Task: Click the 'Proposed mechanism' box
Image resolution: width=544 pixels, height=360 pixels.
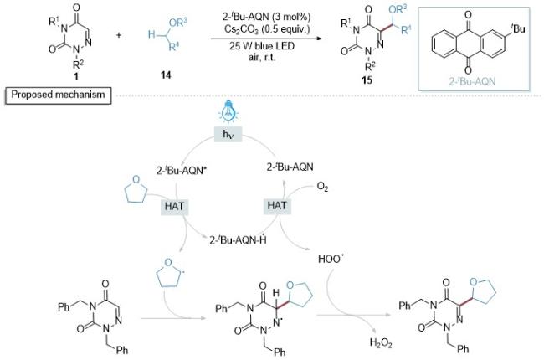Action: point(58,95)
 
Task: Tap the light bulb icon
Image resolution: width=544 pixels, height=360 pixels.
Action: point(228,111)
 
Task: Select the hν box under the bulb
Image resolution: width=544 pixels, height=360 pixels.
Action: point(228,134)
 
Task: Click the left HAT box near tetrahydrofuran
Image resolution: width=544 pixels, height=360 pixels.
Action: point(174,206)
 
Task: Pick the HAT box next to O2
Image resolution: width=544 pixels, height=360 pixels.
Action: point(277,205)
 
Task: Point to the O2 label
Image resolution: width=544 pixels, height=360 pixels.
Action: point(322,188)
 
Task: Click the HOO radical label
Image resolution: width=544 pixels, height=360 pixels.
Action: point(329,259)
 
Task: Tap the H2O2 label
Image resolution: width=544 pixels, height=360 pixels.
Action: point(381,343)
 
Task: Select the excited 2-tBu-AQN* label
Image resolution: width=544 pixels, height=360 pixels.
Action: point(179,170)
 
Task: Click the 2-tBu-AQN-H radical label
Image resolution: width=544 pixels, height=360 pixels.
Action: point(238,239)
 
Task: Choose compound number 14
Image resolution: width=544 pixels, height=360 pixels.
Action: point(166,75)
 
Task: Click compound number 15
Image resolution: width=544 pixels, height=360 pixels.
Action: point(367,80)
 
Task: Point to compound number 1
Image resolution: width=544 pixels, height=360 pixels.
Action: point(76,75)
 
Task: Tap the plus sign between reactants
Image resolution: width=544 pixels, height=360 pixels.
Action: point(119,34)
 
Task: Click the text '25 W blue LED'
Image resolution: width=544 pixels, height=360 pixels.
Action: point(262,46)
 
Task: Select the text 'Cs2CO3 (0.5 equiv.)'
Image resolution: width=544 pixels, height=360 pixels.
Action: point(267,29)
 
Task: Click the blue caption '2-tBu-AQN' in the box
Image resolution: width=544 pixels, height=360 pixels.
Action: point(472,81)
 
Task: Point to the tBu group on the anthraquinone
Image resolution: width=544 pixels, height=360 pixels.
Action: point(517,28)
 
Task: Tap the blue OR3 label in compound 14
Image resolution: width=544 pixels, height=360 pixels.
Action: point(177,23)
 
